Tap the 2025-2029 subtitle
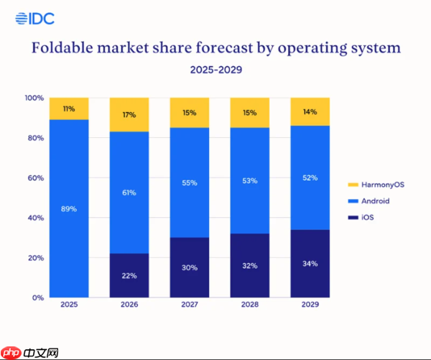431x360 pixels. (215, 70)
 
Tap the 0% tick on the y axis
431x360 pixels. (37, 297)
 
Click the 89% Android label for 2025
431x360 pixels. (69, 209)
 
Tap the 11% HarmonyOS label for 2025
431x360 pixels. (69, 109)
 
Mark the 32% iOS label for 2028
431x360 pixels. (249, 265)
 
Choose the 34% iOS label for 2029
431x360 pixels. (310, 264)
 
